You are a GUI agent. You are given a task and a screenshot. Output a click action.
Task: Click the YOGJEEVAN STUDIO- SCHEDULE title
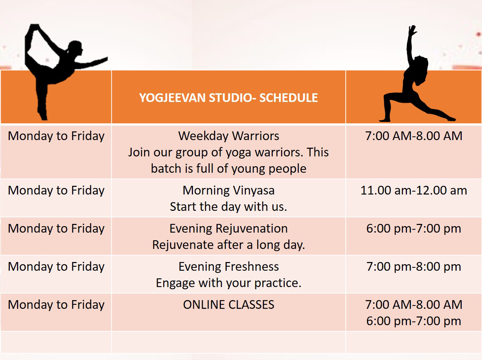tap(228, 98)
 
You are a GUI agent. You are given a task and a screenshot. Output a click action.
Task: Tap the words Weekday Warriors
tap(228, 136)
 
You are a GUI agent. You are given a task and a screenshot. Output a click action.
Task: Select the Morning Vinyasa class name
tap(228, 191)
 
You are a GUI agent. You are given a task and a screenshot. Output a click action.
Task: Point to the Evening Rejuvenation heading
tap(228, 229)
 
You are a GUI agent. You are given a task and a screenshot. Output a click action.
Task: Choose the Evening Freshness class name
tap(228, 267)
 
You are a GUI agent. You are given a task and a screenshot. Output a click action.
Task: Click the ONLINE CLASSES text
tap(228, 304)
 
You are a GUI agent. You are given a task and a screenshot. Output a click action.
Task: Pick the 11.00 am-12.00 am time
tap(414, 190)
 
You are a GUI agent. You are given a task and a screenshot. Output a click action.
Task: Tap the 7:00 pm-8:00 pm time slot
tap(414, 267)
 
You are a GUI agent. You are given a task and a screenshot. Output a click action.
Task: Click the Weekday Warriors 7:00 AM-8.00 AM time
tap(414, 136)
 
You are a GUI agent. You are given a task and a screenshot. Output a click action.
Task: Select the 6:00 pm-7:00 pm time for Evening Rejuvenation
tap(414, 229)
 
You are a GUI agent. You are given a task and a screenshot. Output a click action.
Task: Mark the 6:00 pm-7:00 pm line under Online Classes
tap(414, 321)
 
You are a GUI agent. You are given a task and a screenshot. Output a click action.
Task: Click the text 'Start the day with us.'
tap(228, 207)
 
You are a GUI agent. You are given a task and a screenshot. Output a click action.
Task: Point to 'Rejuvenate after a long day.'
tap(228, 245)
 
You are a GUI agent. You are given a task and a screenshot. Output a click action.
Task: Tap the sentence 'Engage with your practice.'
tap(228, 283)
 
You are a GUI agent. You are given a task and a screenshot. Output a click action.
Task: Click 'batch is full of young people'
tap(228, 169)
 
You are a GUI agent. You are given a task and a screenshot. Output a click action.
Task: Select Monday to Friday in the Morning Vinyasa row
tap(56, 191)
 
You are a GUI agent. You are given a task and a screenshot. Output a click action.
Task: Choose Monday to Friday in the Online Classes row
tap(56, 305)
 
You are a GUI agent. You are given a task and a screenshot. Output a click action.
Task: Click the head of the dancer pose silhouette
tap(75, 48)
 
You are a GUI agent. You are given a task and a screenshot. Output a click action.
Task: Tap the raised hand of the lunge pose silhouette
tap(412, 30)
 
